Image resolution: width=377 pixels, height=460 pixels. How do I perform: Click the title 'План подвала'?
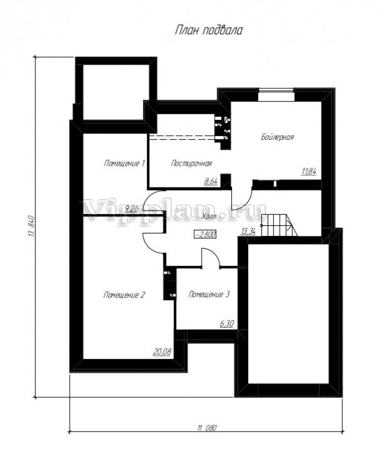click(209, 30)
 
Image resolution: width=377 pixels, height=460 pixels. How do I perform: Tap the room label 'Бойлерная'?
click(277, 137)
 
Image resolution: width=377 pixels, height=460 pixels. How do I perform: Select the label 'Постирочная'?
click(191, 163)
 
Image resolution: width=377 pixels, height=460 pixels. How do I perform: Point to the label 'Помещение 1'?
click(124, 163)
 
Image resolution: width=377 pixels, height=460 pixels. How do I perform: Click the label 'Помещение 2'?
click(124, 294)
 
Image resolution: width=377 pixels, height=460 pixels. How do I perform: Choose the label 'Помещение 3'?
click(209, 294)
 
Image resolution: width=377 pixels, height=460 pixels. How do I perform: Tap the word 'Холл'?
click(209, 217)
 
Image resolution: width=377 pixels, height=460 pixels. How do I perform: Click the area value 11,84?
click(309, 171)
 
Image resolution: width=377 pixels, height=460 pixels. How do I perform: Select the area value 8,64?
click(210, 181)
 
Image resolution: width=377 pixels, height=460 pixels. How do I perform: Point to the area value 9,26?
click(131, 209)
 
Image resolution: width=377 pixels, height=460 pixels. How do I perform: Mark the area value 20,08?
click(162, 351)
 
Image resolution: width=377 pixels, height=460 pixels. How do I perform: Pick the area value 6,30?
click(227, 324)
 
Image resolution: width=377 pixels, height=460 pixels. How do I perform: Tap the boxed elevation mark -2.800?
click(205, 235)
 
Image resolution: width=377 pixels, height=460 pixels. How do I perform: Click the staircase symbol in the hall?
click(279, 225)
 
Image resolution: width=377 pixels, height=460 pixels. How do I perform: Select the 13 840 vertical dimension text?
click(31, 226)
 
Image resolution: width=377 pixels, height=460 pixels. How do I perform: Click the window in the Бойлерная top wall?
click(276, 95)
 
